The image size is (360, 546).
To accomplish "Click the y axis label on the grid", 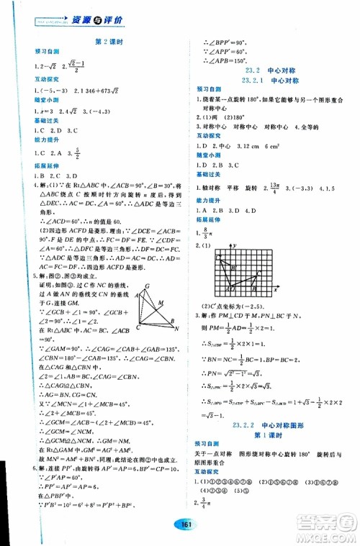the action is tap(236, 246).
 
